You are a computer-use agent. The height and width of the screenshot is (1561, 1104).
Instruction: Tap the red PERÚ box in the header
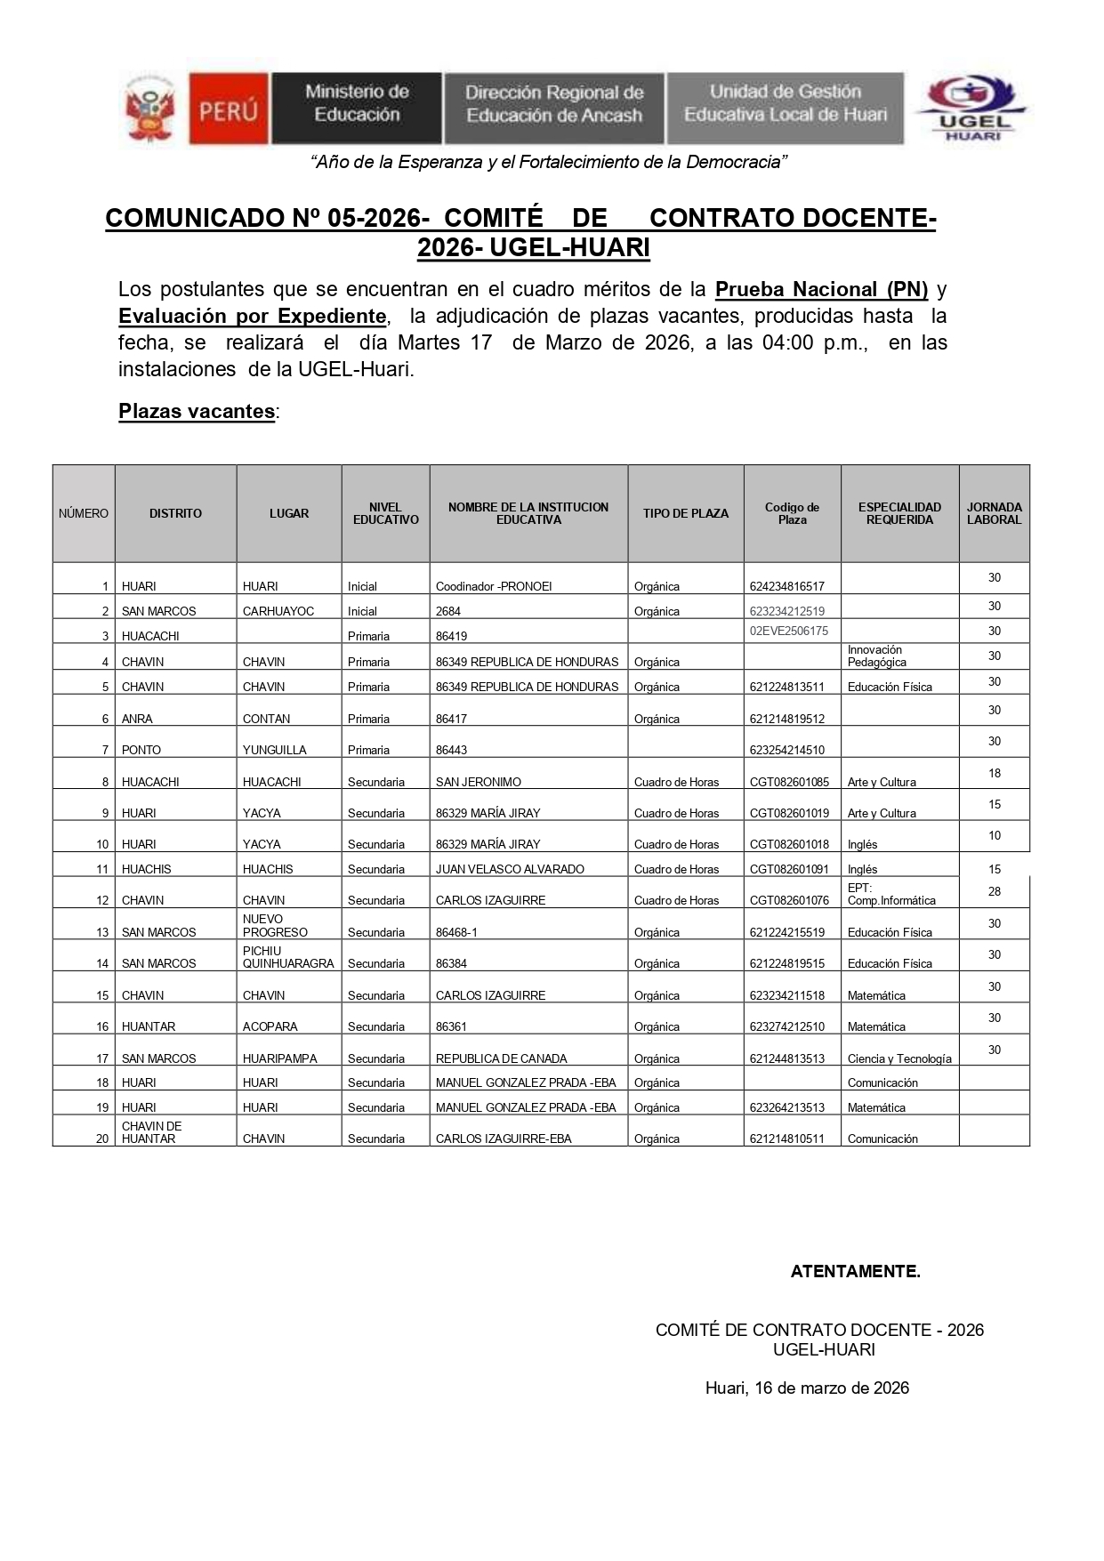click(228, 109)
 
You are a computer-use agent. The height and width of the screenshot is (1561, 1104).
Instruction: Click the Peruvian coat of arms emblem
click(149, 110)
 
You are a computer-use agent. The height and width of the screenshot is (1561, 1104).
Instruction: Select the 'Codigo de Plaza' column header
click(792, 513)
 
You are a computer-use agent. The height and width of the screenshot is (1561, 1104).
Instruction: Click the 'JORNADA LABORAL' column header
click(994, 513)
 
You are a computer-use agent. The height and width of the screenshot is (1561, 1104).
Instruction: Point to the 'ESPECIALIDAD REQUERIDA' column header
click(899, 513)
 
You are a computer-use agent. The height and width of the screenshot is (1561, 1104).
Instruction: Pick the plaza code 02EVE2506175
click(789, 631)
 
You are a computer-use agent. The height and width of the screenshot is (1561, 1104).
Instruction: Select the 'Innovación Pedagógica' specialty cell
click(877, 656)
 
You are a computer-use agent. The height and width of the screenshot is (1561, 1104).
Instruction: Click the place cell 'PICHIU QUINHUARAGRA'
click(288, 957)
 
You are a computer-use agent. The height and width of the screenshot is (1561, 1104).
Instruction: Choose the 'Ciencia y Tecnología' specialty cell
click(899, 1058)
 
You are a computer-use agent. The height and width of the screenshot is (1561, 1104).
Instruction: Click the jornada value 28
click(995, 891)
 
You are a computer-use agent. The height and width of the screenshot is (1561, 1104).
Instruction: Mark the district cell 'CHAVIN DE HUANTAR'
click(152, 1132)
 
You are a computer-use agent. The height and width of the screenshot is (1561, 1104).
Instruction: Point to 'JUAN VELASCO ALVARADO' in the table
click(510, 869)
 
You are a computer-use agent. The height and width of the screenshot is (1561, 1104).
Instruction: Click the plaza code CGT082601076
click(789, 900)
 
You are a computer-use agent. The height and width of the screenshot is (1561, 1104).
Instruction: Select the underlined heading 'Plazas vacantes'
click(197, 411)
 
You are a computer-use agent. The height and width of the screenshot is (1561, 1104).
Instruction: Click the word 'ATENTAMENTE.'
click(855, 1271)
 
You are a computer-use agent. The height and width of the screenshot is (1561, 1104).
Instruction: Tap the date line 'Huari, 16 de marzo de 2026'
click(807, 1388)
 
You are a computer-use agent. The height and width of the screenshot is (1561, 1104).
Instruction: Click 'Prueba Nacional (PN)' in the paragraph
click(821, 289)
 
